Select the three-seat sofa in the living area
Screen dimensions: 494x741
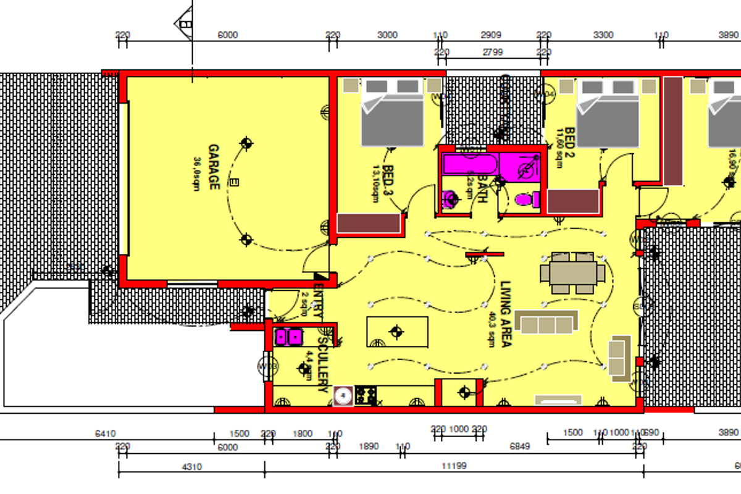[546, 322]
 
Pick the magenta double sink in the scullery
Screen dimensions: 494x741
[288, 337]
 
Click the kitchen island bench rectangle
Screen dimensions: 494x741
[397, 332]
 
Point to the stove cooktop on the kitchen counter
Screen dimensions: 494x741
[366, 395]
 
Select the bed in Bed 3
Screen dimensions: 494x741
[393, 114]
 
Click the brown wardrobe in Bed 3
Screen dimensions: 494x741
[369, 223]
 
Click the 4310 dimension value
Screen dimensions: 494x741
[191, 467]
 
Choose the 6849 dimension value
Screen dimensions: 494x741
[519, 446]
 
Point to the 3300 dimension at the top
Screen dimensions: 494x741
[603, 35]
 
